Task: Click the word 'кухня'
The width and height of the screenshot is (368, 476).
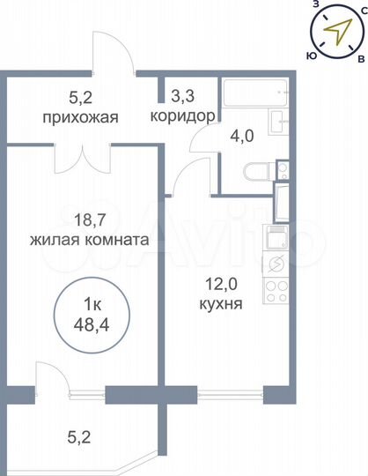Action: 221,305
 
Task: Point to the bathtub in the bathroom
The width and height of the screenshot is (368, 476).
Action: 254,94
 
